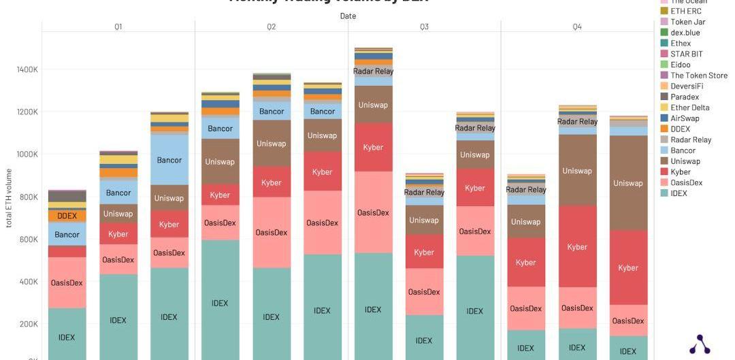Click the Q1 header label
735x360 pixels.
[118, 27]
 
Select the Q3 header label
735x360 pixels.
[425, 27]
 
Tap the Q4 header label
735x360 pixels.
[577, 27]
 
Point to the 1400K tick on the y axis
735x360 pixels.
[27, 69]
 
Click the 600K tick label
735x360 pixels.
[27, 240]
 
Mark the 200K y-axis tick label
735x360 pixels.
[27, 325]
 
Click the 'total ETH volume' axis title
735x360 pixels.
[9, 197]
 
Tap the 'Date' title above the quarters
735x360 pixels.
[348, 16]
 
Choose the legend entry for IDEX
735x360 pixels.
[679, 193]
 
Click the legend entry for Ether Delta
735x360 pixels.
[689, 108]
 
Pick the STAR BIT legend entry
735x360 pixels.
[686, 54]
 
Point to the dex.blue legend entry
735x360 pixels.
[685, 33]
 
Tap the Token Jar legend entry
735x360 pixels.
[687, 22]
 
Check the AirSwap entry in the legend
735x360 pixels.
[684, 118]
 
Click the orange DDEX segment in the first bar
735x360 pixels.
[67, 216]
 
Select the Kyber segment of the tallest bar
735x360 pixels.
[373, 147]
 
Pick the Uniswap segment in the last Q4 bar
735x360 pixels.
[627, 183]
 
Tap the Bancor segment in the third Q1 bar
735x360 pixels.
[169, 160]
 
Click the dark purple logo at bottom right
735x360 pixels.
[700, 345]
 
